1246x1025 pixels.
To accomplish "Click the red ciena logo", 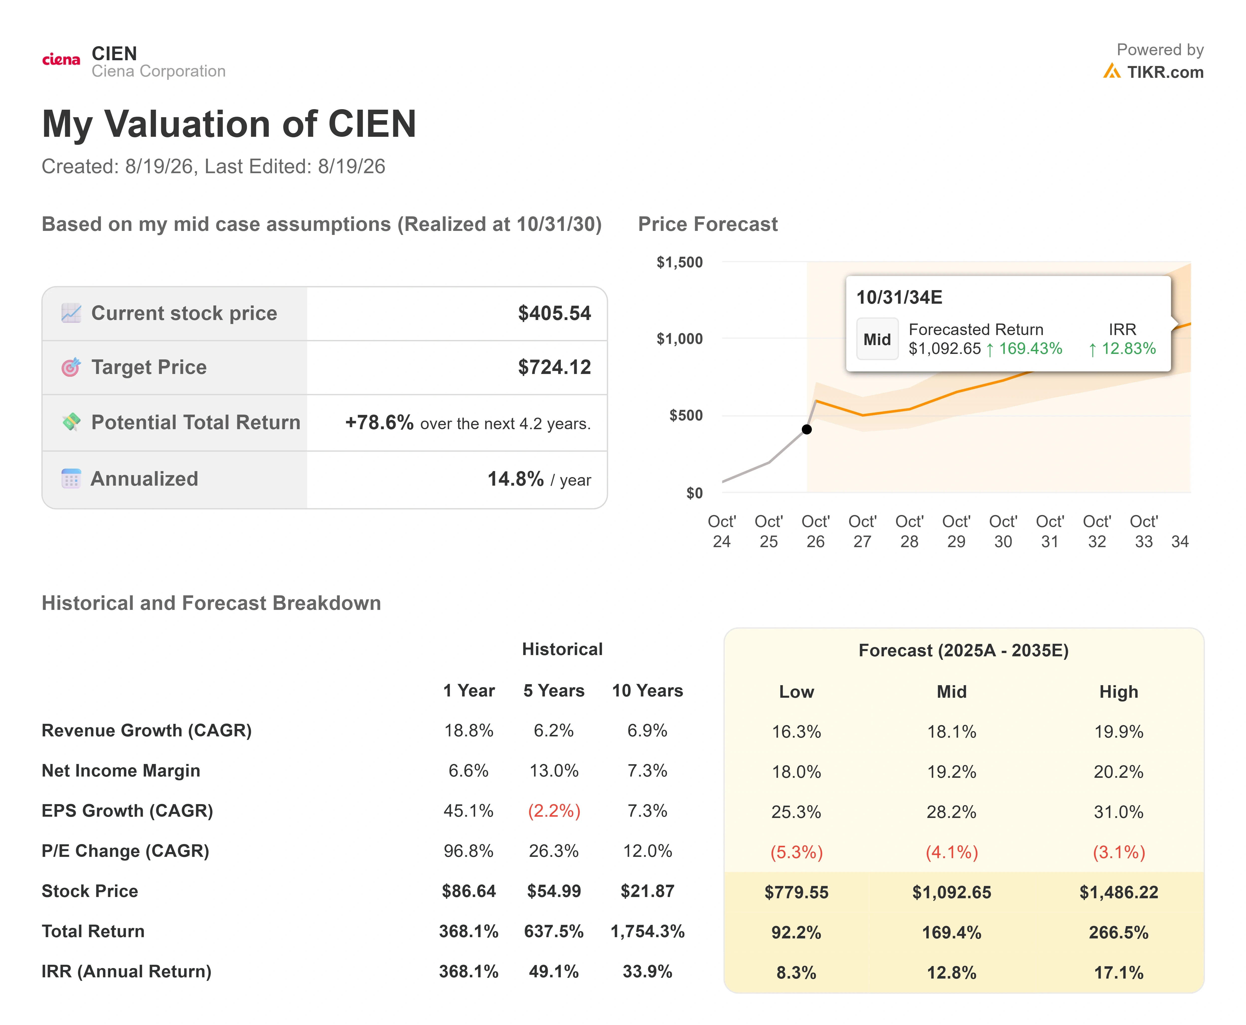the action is point(61,60).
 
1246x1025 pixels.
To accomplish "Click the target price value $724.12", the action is point(554,367).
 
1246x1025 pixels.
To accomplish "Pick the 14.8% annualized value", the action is point(515,479).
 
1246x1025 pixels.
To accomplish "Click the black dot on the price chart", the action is point(807,429).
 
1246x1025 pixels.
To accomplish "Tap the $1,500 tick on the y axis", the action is point(680,262).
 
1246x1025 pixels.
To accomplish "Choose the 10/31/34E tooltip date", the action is point(899,297).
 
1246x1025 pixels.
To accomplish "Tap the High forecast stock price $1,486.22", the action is point(1119,892).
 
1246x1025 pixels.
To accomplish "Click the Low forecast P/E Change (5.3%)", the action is point(797,852).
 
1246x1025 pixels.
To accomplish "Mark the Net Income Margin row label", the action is point(121,771).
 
